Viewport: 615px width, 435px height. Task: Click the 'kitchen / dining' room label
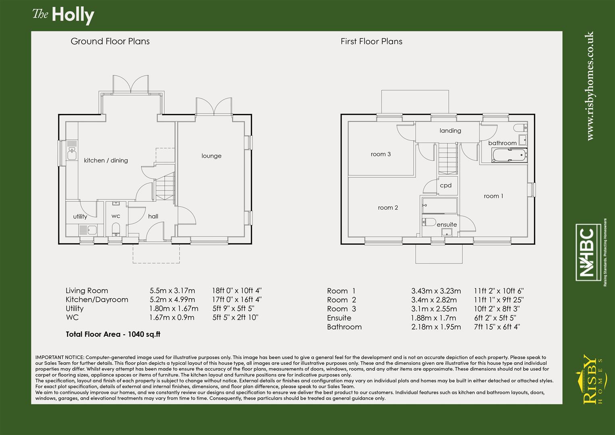click(x=106, y=160)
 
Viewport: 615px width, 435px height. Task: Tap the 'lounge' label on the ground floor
click(x=211, y=156)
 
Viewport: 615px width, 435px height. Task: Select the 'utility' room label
click(x=80, y=216)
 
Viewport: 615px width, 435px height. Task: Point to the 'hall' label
click(x=153, y=216)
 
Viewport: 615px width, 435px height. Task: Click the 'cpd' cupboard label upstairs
click(x=445, y=185)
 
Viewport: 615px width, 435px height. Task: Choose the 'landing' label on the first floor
click(x=450, y=130)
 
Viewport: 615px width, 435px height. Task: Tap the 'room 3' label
click(x=381, y=154)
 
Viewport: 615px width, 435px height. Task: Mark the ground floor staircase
click(x=165, y=186)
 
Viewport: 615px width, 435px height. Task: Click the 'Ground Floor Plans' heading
click(x=110, y=41)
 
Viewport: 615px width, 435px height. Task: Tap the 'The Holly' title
click(x=63, y=15)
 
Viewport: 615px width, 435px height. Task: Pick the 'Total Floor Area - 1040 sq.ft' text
click(x=113, y=334)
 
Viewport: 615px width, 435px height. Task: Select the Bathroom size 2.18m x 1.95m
click(x=436, y=327)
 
